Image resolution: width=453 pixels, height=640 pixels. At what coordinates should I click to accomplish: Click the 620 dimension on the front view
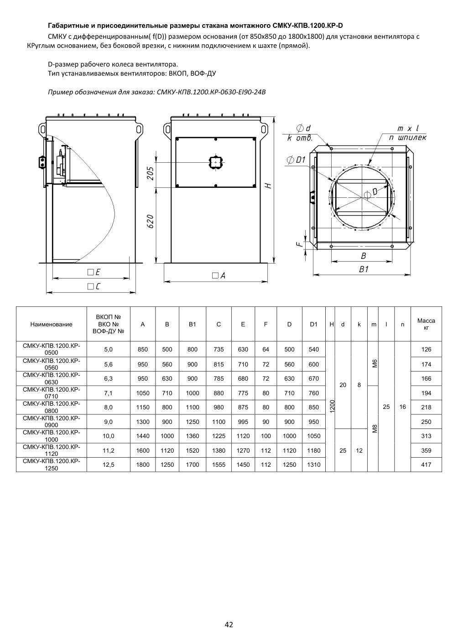pyautogui.click(x=151, y=222)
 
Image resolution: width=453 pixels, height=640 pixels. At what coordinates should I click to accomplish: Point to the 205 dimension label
pyautogui.click(x=151, y=173)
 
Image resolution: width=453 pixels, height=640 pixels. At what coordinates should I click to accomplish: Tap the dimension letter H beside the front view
pyautogui.click(x=268, y=186)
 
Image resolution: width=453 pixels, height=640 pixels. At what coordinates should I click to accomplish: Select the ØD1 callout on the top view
pyautogui.click(x=296, y=160)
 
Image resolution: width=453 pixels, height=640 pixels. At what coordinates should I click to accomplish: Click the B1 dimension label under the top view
pyautogui.click(x=364, y=269)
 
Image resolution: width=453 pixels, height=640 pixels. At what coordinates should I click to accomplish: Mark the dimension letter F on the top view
pyautogui.click(x=299, y=244)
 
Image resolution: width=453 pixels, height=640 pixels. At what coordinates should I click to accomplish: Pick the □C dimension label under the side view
pyautogui.click(x=94, y=286)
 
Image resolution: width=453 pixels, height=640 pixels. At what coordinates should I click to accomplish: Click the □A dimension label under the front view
pyautogui.click(x=219, y=275)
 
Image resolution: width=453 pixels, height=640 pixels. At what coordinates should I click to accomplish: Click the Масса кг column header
pyautogui.click(x=426, y=324)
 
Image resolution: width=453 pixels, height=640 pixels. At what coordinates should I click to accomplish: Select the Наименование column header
pyautogui.click(x=51, y=324)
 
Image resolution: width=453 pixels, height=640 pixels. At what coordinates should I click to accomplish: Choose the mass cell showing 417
pyautogui.click(x=426, y=465)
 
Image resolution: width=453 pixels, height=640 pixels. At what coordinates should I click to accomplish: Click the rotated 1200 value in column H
pyautogui.click(x=332, y=406)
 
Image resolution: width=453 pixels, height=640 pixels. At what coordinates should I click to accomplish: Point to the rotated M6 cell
pyautogui.click(x=375, y=363)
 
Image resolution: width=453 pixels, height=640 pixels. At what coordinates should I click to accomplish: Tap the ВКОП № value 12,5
pyautogui.click(x=109, y=465)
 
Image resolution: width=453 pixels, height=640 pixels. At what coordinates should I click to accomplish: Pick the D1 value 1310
pyautogui.click(x=314, y=465)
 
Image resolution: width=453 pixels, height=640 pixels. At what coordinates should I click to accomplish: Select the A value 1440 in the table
pyautogui.click(x=143, y=436)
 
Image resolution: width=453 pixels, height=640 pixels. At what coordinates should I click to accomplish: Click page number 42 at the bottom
pyautogui.click(x=229, y=625)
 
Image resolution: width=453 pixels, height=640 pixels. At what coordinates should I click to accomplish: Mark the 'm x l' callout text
pyautogui.click(x=408, y=129)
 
